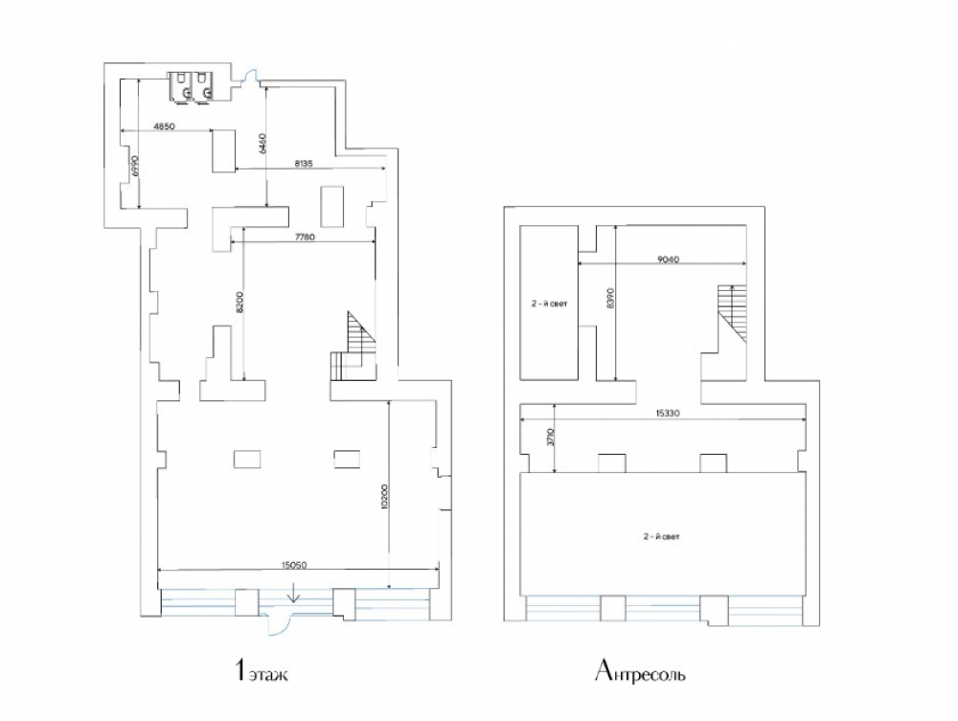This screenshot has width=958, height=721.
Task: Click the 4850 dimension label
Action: coord(164,127)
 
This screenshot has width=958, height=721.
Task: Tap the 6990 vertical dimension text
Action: coord(136,167)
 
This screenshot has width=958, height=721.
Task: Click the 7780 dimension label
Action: coord(305,237)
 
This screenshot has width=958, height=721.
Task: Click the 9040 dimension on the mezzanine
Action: coord(669,259)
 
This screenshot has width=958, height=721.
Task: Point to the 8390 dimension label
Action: coord(611,298)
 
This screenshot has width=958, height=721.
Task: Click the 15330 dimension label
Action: coord(668,414)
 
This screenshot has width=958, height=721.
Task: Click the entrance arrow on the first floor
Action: coord(294,592)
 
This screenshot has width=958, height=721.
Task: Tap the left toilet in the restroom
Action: coord(181,86)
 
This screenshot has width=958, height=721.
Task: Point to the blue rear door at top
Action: coord(250,76)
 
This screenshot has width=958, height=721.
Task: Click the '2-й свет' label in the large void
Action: coord(661,536)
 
